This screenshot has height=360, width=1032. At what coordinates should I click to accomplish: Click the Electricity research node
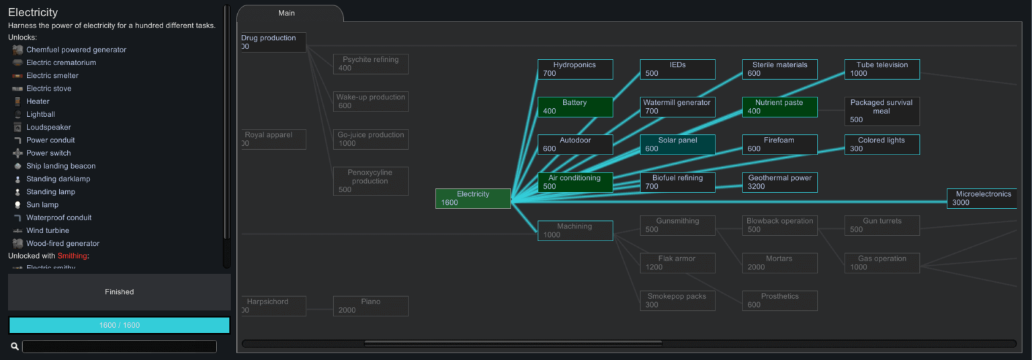click(x=473, y=198)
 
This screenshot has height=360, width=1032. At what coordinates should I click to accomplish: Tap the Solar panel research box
click(x=677, y=144)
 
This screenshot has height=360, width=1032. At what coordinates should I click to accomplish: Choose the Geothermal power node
click(x=779, y=182)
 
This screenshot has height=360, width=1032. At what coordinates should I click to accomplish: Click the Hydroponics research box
click(x=575, y=69)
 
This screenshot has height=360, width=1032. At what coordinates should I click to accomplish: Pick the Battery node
click(x=575, y=107)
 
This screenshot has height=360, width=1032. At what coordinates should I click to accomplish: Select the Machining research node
click(x=575, y=230)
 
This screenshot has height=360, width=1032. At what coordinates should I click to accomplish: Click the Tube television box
click(x=881, y=69)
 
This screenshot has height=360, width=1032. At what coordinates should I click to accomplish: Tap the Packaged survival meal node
click(x=881, y=111)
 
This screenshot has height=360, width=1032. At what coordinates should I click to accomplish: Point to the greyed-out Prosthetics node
click(x=779, y=300)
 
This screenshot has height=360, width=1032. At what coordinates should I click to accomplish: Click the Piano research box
click(x=370, y=306)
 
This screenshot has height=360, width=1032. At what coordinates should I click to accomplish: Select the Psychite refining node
click(x=370, y=64)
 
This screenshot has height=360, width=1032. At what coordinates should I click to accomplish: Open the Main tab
click(x=287, y=13)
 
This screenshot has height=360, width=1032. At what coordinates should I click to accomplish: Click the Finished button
click(x=119, y=292)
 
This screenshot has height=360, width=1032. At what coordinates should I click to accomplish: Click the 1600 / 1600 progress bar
click(x=119, y=325)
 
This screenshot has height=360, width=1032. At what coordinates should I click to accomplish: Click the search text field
click(x=119, y=347)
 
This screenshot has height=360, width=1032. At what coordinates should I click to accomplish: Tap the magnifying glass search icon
click(x=14, y=347)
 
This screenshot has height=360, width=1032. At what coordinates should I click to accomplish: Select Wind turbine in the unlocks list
click(x=47, y=230)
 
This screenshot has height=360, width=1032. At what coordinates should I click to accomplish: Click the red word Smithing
click(x=73, y=256)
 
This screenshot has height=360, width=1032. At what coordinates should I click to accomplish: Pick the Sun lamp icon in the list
click(x=17, y=205)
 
